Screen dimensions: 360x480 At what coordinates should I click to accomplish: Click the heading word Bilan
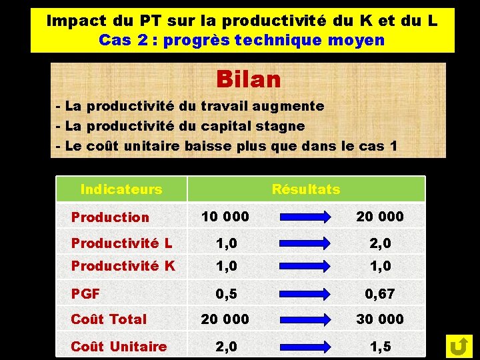pos(248,79)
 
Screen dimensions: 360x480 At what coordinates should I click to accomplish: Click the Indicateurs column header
pos(121,189)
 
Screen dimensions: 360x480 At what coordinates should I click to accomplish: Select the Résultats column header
pos(306,189)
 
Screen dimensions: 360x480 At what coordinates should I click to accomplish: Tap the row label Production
pos(110,217)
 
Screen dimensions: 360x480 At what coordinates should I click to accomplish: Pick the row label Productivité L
pos(121,243)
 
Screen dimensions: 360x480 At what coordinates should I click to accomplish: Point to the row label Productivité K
pos(123,266)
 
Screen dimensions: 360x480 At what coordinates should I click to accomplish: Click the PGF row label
pos(85,293)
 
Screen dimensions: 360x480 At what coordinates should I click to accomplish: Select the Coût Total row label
pos(109,319)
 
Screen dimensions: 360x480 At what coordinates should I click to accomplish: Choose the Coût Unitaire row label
pos(119,346)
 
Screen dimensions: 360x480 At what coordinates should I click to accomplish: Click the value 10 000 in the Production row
pos(225,216)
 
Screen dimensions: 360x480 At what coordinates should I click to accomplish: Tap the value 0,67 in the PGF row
pos(380,293)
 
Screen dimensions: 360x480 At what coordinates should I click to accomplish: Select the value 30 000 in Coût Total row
pos(380,319)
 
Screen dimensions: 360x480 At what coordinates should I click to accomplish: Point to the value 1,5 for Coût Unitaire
pos(380,346)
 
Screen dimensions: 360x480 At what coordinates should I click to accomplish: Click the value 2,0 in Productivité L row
pos(380,243)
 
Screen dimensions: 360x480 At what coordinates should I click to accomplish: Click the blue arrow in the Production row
pos(304,217)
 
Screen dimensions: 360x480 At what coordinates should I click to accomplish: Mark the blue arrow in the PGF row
pos(304,293)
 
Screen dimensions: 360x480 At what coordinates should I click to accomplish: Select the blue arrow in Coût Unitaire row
pos(304,346)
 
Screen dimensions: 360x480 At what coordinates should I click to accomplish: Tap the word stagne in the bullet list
pos(280,125)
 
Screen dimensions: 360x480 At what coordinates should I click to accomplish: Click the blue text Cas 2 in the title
pos(123,40)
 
